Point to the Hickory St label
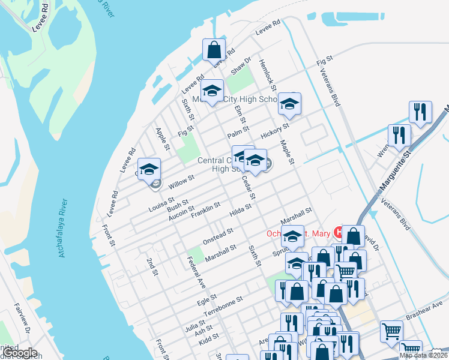point(275,129)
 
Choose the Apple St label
point(163,139)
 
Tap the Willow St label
point(182,179)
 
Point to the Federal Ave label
point(196,269)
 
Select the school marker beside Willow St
point(149,170)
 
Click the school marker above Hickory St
point(289,105)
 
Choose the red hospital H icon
point(339,232)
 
